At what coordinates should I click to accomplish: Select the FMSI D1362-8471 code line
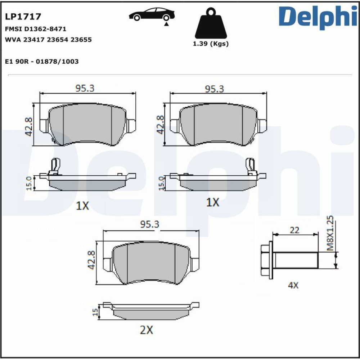click(36, 29)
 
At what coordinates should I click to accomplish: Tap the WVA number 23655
click(81, 40)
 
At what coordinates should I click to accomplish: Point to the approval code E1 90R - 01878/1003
click(42, 62)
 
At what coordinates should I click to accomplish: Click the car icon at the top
click(152, 14)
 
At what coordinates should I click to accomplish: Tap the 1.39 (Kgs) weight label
click(211, 44)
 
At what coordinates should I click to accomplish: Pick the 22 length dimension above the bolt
click(294, 230)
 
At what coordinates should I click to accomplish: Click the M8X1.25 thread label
click(330, 233)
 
